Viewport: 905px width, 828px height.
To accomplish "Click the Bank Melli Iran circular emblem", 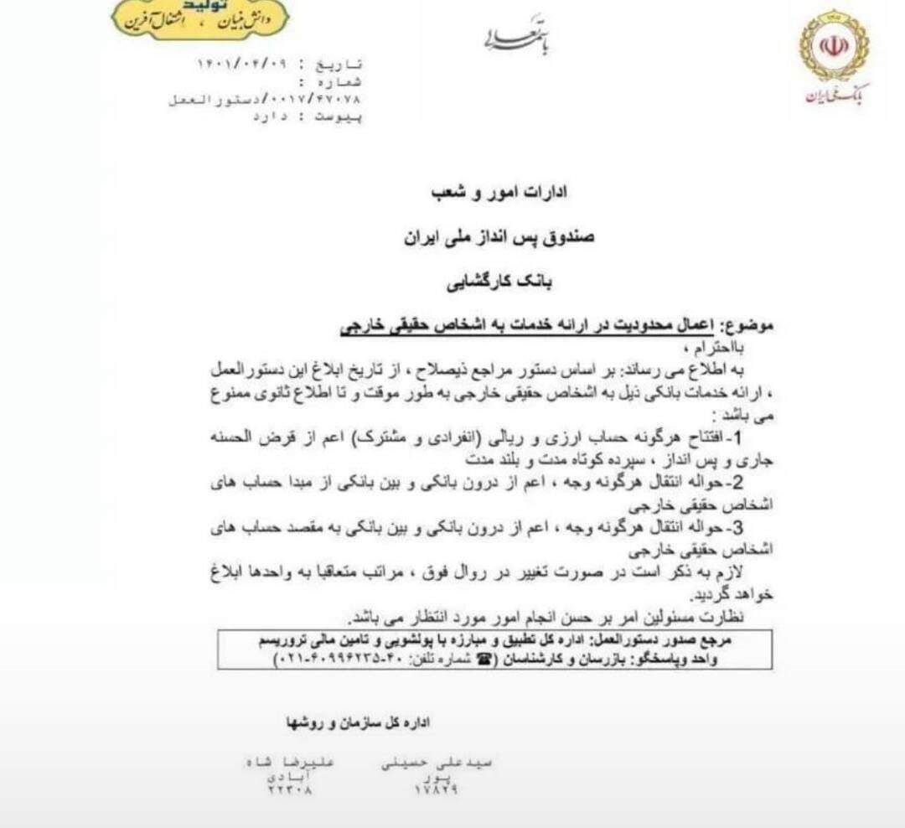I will point(834,45).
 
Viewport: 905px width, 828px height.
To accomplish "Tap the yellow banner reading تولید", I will point(200,18).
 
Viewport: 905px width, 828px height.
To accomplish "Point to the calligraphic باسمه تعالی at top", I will point(517,35).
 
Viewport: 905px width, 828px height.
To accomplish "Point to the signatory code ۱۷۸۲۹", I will point(436,789).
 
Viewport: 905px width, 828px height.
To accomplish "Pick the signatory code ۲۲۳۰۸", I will point(290,789).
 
